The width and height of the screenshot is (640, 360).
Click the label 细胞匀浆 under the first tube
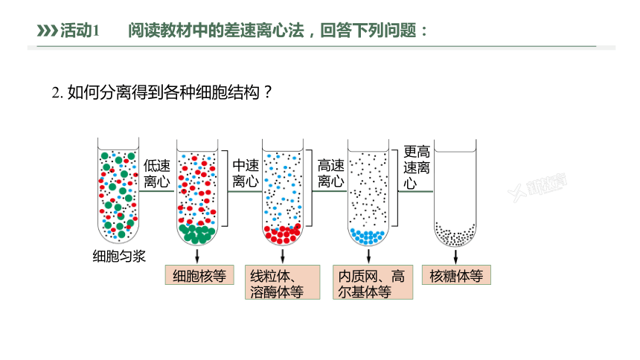tap(119, 257)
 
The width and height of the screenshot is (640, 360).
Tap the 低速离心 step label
tap(157, 173)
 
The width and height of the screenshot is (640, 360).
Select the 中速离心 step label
tap(246, 173)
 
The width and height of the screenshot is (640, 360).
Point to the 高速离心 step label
tap(331, 173)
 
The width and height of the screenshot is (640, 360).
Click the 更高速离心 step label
tap(417, 167)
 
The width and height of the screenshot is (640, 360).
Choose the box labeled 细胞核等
tap(199, 275)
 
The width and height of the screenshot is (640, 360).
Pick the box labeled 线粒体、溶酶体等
tap(283, 283)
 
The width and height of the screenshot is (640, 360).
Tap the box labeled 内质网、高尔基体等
tap(373, 283)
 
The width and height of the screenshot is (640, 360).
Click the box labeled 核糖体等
tap(456, 275)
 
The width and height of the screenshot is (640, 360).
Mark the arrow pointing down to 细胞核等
tap(197, 256)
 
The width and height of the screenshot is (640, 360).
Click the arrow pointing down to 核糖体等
tap(455, 257)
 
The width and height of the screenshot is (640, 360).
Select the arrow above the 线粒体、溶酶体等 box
tap(283, 256)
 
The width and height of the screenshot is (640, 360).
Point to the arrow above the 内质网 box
tap(368, 256)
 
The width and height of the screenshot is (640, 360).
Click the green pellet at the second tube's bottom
tap(197, 234)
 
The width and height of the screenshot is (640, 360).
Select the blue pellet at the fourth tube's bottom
tap(368, 237)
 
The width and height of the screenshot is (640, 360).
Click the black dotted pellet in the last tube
tap(455, 234)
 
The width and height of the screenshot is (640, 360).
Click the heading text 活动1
tap(80, 30)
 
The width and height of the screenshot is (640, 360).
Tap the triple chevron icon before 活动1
tap(48, 30)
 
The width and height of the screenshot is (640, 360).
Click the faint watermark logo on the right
tap(537, 187)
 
